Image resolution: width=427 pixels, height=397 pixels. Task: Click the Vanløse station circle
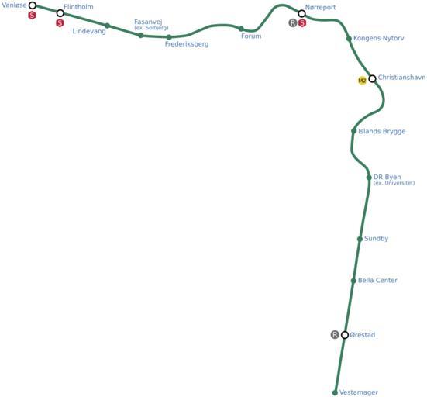33,5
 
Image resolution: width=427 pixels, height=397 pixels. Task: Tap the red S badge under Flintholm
60,23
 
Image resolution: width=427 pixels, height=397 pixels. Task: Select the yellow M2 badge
362,81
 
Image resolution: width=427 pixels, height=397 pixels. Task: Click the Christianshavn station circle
372,79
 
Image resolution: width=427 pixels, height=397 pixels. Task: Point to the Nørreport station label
320,7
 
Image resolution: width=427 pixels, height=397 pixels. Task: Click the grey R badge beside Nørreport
292,23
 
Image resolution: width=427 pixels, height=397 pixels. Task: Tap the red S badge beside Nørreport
302,23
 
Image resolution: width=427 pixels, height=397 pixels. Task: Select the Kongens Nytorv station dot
349,39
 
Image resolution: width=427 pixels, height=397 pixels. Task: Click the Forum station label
251,36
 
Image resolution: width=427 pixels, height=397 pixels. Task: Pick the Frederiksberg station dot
169,37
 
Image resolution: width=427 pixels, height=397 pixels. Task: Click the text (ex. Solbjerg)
151,28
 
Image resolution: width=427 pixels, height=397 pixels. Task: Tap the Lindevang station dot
107,26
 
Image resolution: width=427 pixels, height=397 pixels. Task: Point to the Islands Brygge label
381,131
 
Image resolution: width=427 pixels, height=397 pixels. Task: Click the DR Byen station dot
369,178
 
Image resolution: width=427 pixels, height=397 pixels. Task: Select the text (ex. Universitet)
394,183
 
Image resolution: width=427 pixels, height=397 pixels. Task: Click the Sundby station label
376,239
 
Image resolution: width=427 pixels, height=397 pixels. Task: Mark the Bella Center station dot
353,281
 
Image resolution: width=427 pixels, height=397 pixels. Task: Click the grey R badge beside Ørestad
335,335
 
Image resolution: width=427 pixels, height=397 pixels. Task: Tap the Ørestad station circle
345,335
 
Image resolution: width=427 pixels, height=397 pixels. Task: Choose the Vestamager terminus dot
335,392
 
